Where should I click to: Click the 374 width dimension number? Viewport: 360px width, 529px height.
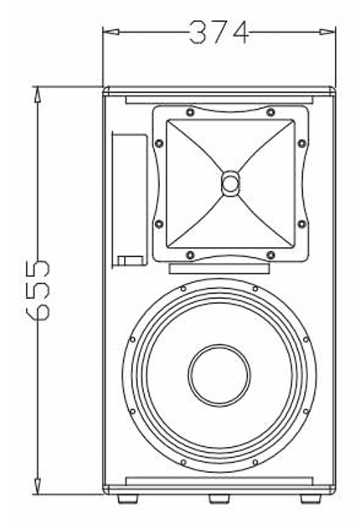point(219,33)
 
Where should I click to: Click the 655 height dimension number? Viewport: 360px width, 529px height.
point(39,290)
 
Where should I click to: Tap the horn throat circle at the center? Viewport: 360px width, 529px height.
point(231,183)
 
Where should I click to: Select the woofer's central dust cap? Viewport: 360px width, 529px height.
point(219,375)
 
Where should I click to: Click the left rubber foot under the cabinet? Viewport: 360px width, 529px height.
point(128,499)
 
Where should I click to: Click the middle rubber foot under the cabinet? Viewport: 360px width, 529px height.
point(219,499)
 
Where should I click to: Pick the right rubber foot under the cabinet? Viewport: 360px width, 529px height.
point(311,499)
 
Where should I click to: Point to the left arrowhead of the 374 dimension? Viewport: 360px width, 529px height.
point(111,32)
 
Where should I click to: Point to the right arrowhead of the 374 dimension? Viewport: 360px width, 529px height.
point(327,32)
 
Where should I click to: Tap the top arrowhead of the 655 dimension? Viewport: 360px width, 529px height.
point(38,95)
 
